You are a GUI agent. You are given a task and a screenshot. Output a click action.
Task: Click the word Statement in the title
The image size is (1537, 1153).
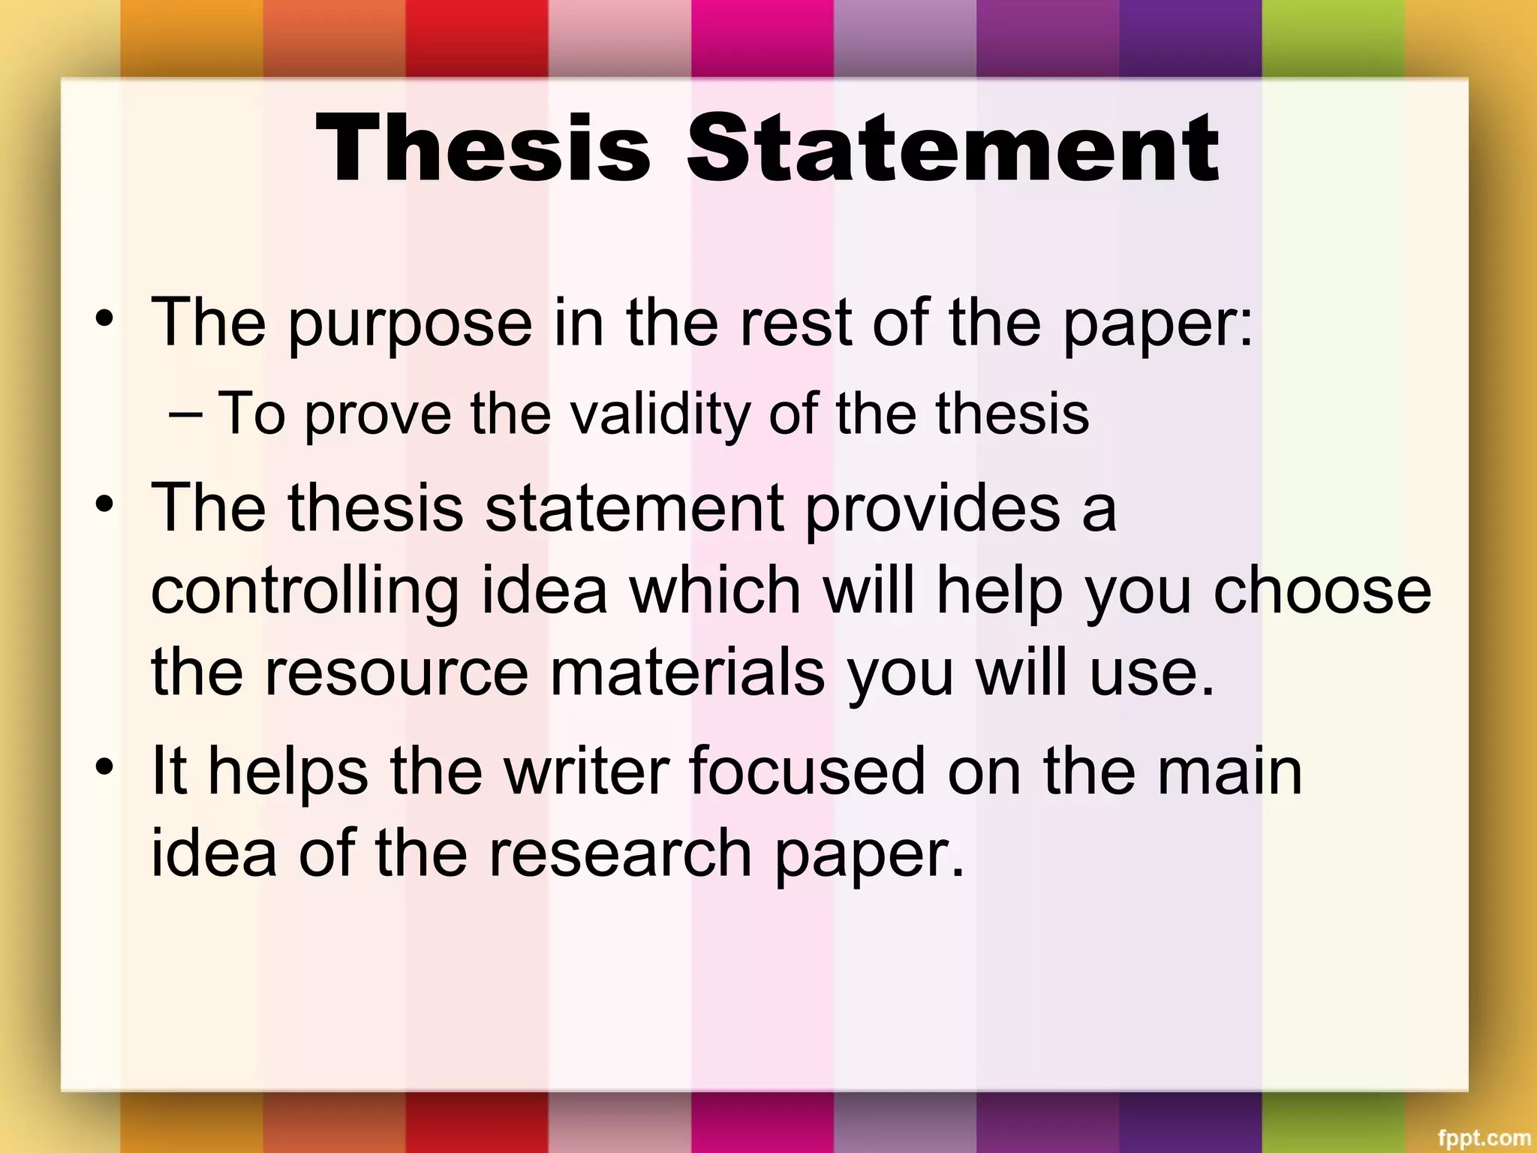[953, 148]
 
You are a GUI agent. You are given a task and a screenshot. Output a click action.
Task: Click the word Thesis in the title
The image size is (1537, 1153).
[483, 148]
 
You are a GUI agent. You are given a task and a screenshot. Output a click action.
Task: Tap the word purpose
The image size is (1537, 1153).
[410, 324]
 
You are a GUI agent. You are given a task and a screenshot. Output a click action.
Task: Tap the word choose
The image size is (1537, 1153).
[1322, 590]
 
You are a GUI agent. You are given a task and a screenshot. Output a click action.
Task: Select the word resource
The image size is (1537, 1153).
[396, 673]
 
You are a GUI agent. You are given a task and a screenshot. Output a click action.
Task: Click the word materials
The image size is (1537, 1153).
[687, 673]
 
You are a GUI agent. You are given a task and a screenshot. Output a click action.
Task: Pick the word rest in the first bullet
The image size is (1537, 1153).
[795, 324]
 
